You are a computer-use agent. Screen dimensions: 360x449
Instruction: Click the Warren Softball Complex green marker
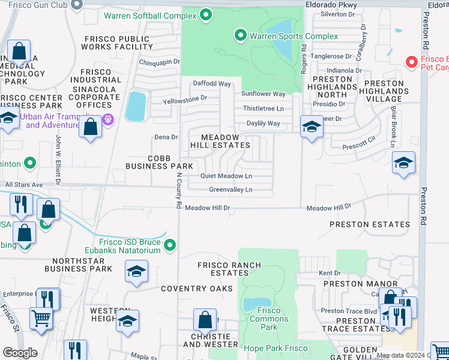tap(206, 14)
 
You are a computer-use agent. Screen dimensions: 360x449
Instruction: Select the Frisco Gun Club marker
tap(76, 5)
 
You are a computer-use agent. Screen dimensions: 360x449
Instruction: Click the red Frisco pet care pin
tap(411, 61)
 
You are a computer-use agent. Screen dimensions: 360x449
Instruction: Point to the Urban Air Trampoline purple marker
tap(108, 119)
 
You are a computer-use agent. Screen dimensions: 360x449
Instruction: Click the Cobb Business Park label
tap(159, 161)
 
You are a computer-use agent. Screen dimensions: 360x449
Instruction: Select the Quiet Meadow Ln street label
tap(226, 176)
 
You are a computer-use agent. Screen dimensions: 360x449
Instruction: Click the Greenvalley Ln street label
tap(231, 190)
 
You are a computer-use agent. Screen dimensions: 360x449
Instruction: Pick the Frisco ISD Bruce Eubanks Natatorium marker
tap(170, 244)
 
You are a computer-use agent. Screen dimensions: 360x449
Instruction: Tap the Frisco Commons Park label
tap(269, 319)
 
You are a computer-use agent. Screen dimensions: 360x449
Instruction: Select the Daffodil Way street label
tap(212, 83)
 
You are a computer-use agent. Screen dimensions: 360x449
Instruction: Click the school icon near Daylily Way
tap(311, 127)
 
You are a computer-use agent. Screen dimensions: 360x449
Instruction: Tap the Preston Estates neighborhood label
tap(370, 224)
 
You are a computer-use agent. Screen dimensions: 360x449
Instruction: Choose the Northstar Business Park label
tap(82, 265)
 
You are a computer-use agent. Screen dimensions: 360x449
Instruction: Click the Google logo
tap(20, 353)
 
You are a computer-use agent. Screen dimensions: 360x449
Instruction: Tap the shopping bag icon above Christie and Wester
tap(205, 320)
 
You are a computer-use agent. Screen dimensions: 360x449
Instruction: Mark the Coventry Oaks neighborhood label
tap(196, 289)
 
